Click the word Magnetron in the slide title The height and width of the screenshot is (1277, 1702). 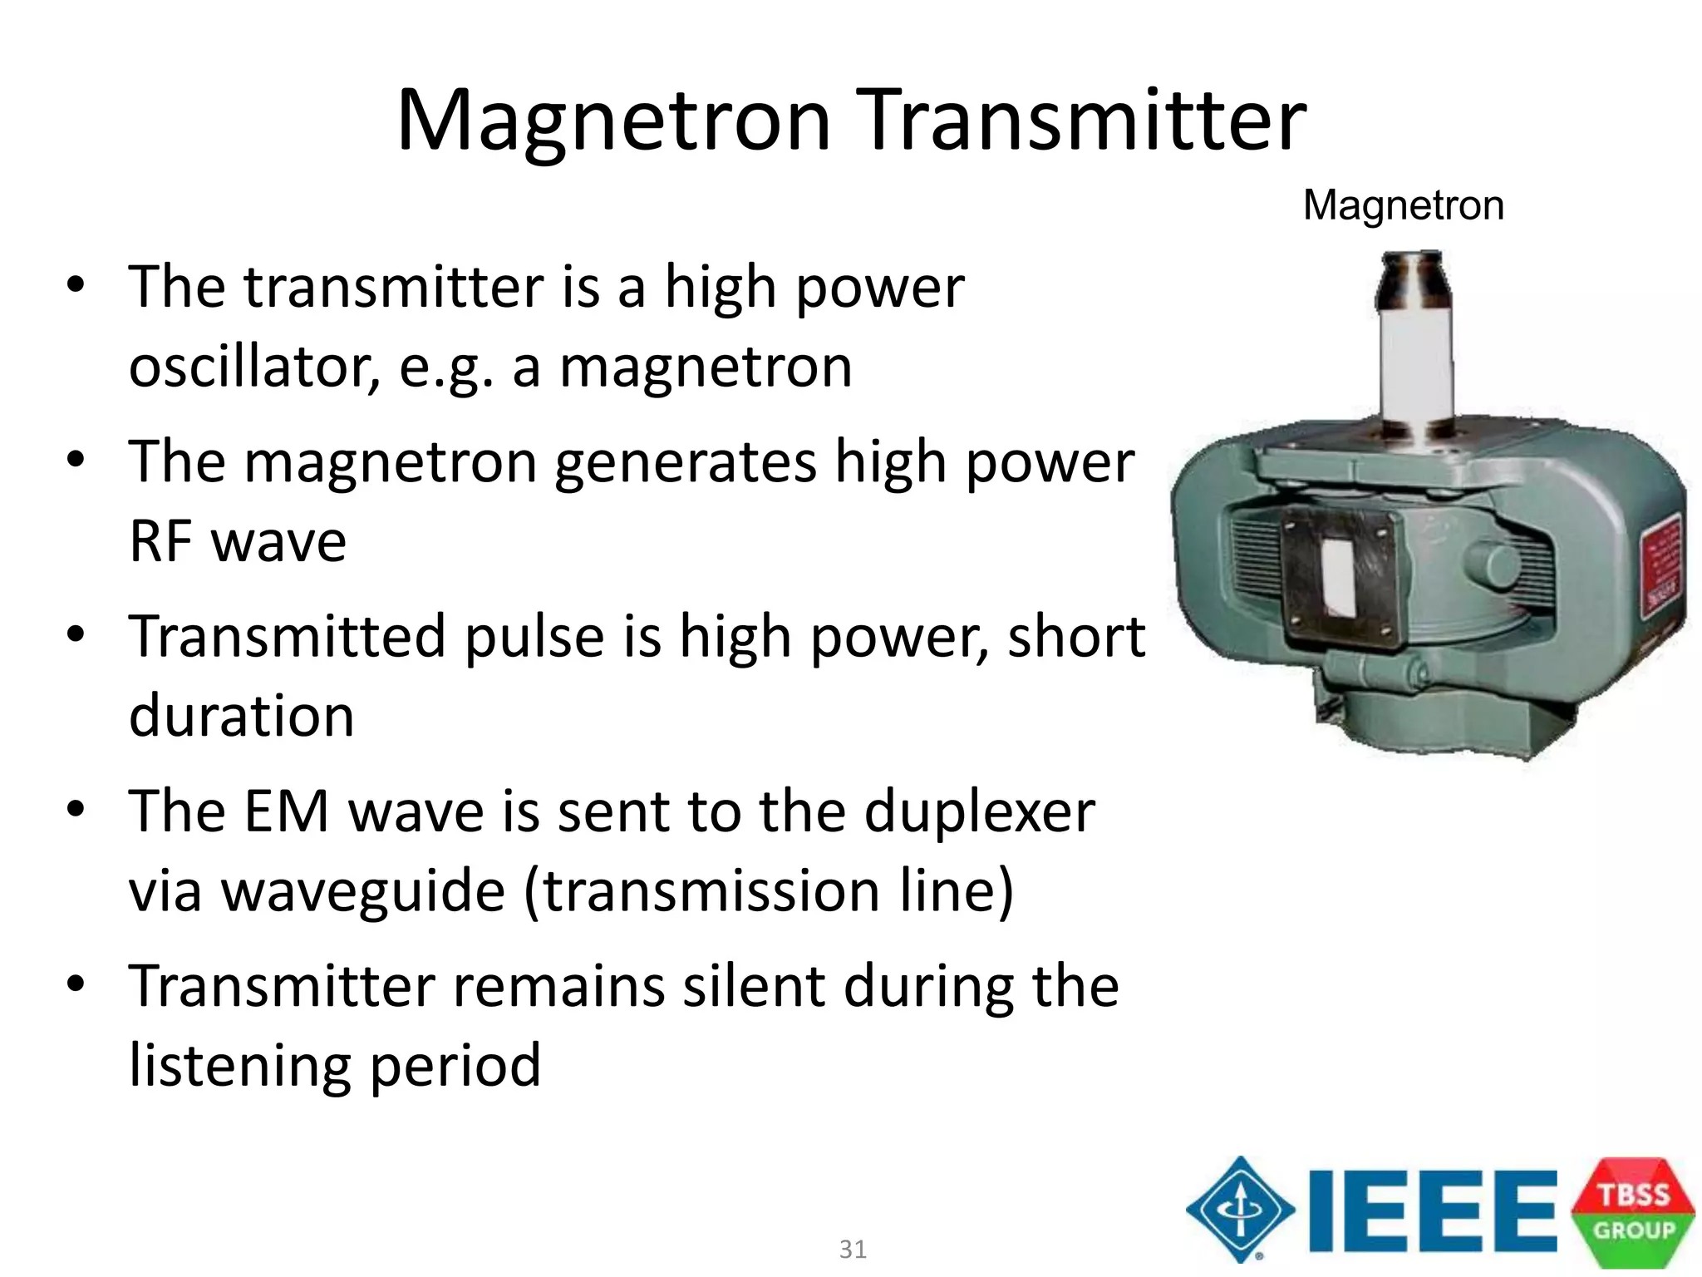pyautogui.click(x=613, y=123)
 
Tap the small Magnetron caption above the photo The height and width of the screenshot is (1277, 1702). pyautogui.click(x=1403, y=205)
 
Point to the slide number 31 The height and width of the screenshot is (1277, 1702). pyautogui.click(x=853, y=1249)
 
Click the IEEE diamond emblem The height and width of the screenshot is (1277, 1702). pyautogui.click(x=1240, y=1210)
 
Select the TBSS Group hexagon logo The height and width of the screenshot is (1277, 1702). pyautogui.click(x=1632, y=1211)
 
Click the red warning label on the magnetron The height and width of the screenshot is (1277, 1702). pyautogui.click(x=1661, y=565)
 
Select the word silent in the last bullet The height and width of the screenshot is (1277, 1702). pyautogui.click(x=754, y=987)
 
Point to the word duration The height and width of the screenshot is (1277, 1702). pyautogui.click(x=241, y=716)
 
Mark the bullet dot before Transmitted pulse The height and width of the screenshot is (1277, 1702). pyautogui.click(x=76, y=635)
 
